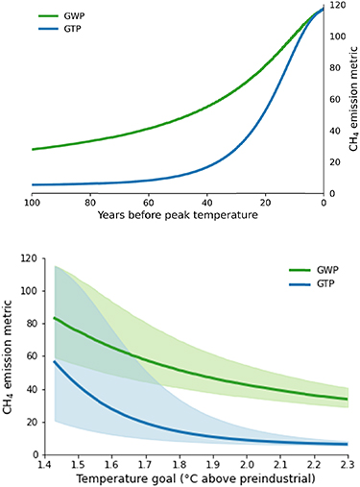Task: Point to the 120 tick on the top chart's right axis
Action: click(x=337, y=6)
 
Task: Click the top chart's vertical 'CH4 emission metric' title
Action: click(x=351, y=100)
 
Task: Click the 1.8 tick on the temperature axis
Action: click(x=171, y=464)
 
